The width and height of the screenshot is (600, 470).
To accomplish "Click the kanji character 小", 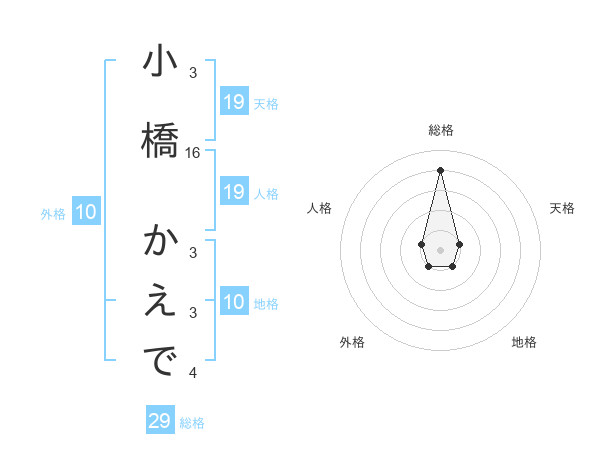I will (159, 63).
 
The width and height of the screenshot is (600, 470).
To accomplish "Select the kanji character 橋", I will (159, 139).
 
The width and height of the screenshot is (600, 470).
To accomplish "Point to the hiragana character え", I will (159, 302).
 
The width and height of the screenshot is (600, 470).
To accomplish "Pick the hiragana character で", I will (159, 361).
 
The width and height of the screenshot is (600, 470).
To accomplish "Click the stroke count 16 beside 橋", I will (193, 153).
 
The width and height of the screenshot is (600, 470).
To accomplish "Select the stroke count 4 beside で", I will (193, 373).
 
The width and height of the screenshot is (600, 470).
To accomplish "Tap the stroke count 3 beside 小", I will (193, 73).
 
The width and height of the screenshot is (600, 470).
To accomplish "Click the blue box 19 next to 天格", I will (234, 102).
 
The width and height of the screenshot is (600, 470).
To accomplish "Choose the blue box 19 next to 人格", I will (234, 192).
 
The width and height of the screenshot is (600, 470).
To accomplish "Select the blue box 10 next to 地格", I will (234, 302).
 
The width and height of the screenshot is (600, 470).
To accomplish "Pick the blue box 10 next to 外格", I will (86, 212).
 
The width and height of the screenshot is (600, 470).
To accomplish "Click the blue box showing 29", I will (160, 421).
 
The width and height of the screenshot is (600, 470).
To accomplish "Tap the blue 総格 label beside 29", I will (192, 423).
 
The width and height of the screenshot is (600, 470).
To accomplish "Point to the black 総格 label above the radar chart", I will (441, 130).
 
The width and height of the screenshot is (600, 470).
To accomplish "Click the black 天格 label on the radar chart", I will (562, 208).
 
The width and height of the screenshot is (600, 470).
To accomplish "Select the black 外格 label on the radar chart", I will (352, 342).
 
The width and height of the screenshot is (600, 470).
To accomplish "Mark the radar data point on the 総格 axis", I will (440, 170).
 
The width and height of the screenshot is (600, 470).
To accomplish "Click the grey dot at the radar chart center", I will (440, 248).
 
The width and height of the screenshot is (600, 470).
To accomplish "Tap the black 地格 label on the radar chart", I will (524, 342).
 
